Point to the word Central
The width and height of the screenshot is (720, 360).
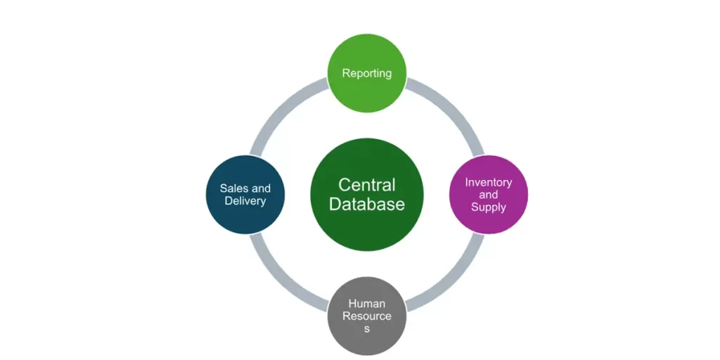[367, 185]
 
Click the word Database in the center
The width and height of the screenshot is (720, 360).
[367, 205]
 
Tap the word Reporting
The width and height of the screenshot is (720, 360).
[367, 73]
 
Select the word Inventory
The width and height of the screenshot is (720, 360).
[489, 182]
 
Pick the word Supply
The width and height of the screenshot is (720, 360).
[489, 207]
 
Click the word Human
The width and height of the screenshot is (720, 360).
[367, 304]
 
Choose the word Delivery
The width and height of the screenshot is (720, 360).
[245, 201]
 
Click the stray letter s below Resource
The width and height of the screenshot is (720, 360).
[367, 329]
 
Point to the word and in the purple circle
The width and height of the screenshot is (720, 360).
[489, 195]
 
